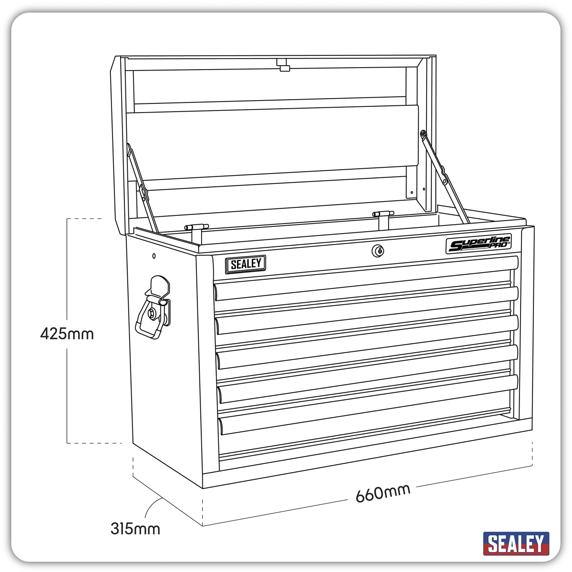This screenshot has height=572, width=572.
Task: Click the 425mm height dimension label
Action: coord(67,333)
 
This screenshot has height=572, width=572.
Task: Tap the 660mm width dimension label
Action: coord(383,493)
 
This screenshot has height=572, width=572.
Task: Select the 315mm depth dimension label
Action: coord(135,528)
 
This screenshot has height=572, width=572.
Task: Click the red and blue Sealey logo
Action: coord(516,543)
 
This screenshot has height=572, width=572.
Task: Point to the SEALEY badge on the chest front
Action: coord(245,264)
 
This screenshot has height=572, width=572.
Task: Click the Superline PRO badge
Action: coord(479,245)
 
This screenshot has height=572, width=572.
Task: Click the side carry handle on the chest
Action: coord(154,308)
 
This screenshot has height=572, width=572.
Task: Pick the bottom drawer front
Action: coord(367,429)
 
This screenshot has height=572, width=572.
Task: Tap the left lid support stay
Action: coord(141,188)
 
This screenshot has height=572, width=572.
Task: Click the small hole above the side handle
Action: coord(154,256)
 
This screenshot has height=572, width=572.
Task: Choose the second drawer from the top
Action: coord(366,315)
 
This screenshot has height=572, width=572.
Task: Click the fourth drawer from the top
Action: coord(367,377)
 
